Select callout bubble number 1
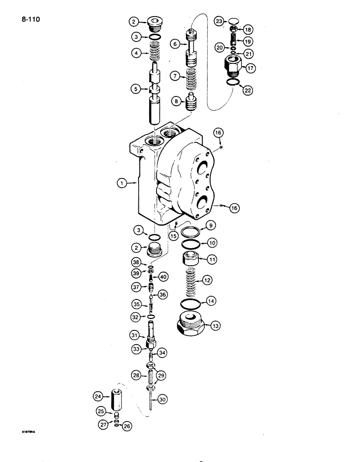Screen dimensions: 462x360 tap(121, 183)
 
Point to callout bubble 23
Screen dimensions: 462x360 tap(219, 21)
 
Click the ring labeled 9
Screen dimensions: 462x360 tap(190, 231)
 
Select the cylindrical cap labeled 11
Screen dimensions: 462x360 tap(191, 260)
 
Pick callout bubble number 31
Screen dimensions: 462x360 tap(134, 334)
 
